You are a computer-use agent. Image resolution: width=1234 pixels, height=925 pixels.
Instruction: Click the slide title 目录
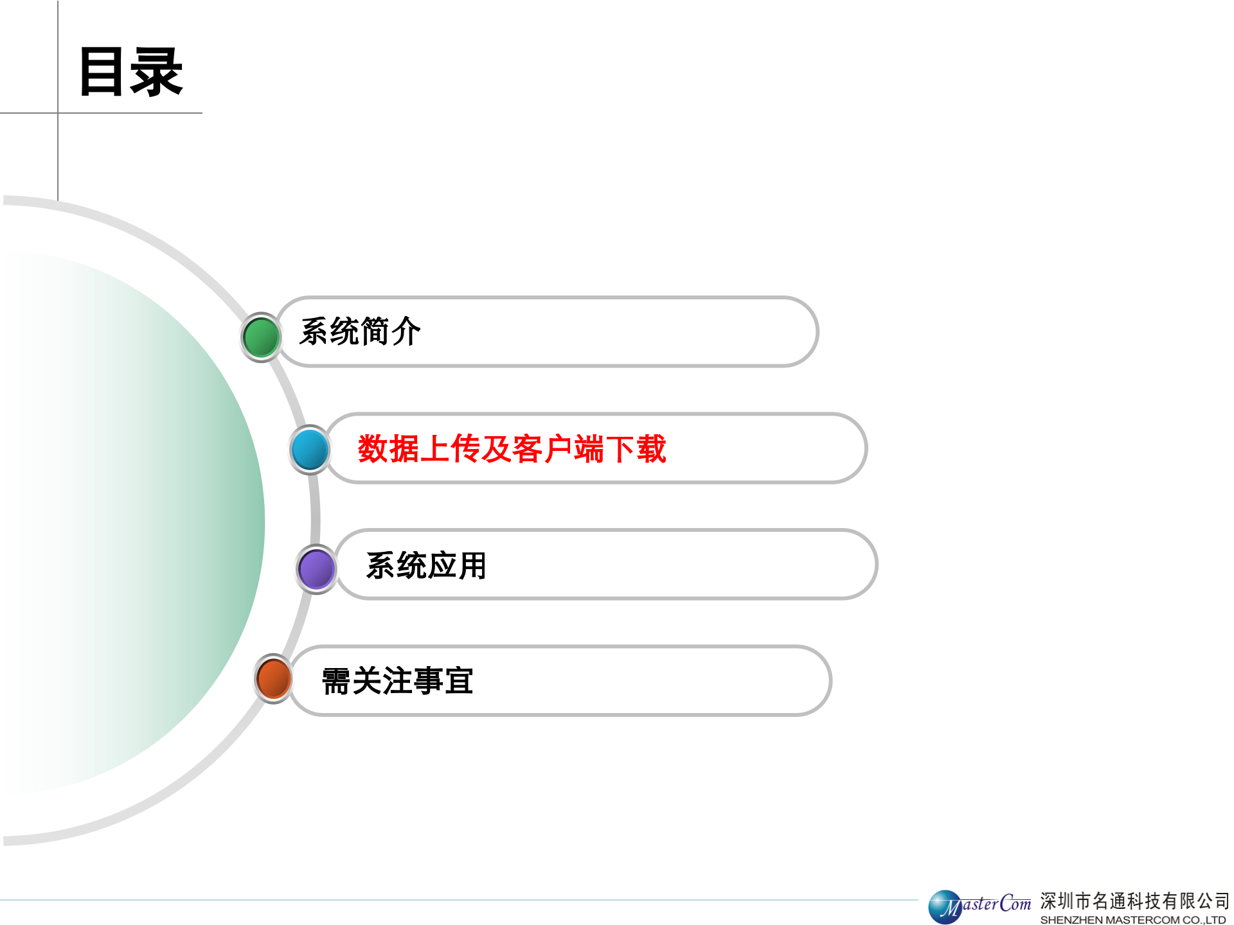(x=131, y=72)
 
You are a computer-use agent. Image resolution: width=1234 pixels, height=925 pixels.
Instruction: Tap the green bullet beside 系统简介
(x=261, y=337)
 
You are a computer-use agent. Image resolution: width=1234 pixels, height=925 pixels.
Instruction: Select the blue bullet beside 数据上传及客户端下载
(x=310, y=449)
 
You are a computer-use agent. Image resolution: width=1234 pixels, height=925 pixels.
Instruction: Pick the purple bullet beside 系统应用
(x=316, y=568)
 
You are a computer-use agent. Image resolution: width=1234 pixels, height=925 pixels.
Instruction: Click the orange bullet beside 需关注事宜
(x=274, y=678)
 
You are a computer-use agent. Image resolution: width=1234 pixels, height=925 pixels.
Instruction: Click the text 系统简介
(x=360, y=332)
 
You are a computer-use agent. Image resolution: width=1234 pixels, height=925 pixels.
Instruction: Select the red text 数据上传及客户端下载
(x=512, y=448)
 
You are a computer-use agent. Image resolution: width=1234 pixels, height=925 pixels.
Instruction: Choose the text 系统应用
(x=426, y=566)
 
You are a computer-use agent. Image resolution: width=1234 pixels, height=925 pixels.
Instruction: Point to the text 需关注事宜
(x=397, y=681)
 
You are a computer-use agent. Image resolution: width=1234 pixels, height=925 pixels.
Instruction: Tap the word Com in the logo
(x=1015, y=904)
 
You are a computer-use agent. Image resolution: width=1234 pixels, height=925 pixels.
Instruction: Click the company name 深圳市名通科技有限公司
(x=1134, y=901)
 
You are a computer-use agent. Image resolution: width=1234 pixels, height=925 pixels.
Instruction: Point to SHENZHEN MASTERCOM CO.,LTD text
(x=1132, y=920)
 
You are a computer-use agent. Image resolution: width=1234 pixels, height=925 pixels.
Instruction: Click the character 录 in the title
(x=157, y=72)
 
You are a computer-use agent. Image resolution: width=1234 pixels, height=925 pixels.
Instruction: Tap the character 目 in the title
(x=102, y=72)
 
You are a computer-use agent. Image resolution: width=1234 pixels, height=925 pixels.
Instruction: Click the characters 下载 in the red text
(x=636, y=448)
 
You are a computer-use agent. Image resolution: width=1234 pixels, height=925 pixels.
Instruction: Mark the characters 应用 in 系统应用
(x=457, y=566)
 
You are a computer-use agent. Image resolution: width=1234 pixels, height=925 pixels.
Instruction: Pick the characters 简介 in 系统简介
(x=391, y=332)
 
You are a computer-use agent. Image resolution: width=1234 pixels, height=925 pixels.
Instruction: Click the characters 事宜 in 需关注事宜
(x=443, y=681)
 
